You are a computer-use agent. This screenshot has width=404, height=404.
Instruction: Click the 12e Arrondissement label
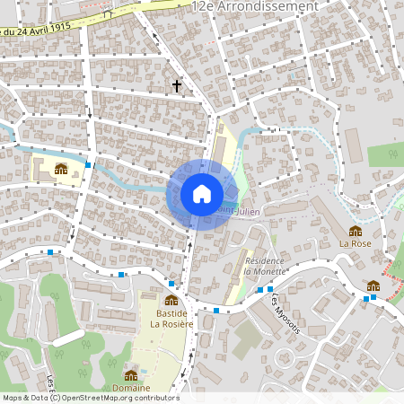(254, 6)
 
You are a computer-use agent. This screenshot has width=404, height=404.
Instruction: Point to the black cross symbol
(177, 86)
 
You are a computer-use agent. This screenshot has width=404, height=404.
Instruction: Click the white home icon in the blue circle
(201, 194)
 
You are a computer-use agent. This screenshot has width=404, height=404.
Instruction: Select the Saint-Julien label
(235, 210)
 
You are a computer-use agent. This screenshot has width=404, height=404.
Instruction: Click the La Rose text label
(355, 242)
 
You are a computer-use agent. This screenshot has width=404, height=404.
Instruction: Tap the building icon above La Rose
(356, 231)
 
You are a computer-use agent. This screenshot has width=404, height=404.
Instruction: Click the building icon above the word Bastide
(171, 300)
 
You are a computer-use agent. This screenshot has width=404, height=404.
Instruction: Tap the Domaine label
(131, 387)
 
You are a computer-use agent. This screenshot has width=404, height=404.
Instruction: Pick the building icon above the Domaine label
(131, 374)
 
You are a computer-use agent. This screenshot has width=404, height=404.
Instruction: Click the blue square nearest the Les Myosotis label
(260, 290)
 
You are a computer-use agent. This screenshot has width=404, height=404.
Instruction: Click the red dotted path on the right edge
(393, 268)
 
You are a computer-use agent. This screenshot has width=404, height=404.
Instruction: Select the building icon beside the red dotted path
(373, 285)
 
